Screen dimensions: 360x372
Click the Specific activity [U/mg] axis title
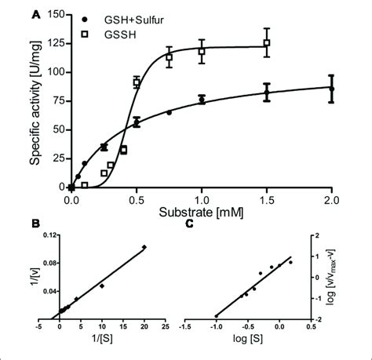[36, 100]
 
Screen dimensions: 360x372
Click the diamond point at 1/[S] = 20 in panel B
[144, 248]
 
